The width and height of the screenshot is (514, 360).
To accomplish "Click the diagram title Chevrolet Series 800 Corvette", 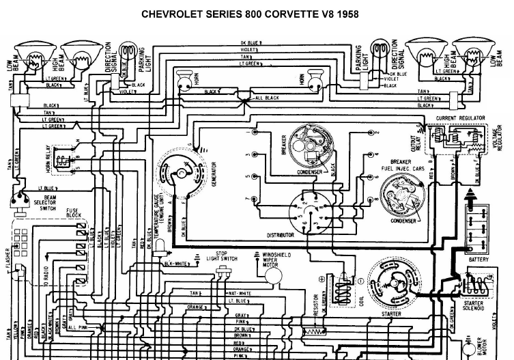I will click(250, 13).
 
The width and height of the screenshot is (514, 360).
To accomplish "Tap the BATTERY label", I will click(479, 260).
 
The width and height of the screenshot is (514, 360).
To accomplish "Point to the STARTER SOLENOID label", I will click(473, 305).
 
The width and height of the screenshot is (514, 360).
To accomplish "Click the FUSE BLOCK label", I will click(73, 213).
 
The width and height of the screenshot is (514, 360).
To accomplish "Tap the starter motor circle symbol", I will click(393, 283).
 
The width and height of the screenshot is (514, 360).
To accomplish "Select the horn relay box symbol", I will click(63, 161).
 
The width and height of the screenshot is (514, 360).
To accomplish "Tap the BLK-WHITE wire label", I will click(175, 263).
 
